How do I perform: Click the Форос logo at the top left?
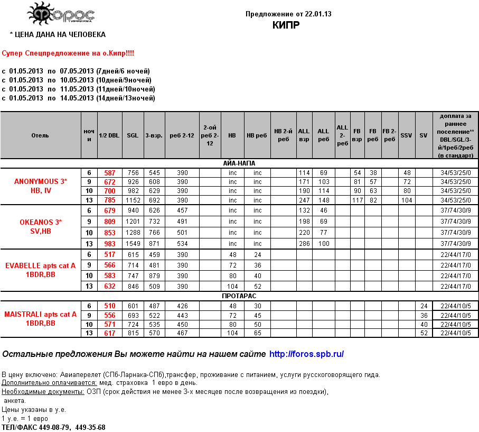coord(60,15)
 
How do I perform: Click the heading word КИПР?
coord(286,25)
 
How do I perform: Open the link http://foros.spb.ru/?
coord(306,354)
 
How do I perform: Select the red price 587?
coord(109,173)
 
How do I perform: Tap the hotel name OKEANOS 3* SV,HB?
coord(41,226)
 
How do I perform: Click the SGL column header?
coord(133,135)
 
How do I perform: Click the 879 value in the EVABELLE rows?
coord(154,276)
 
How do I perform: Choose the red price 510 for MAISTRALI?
coord(109,306)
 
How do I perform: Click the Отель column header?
coord(40,135)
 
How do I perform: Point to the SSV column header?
coord(406,135)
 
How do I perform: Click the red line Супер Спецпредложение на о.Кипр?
coord(68,54)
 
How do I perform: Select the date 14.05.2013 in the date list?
coord(77,98)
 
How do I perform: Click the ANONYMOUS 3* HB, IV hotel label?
coord(41,186)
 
